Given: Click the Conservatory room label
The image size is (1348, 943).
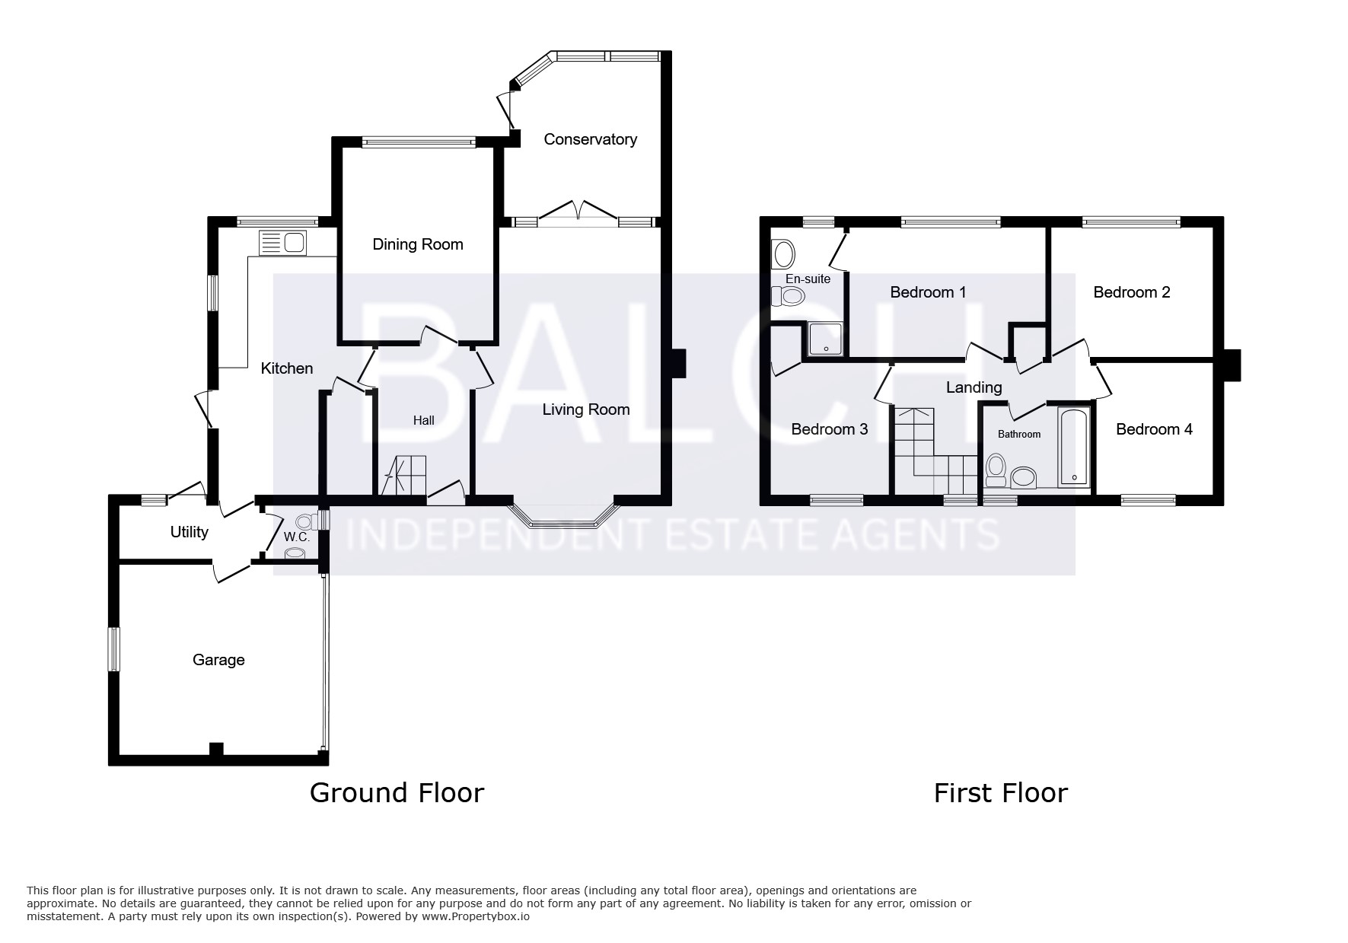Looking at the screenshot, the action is pos(590,139).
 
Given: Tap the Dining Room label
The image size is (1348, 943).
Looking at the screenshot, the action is pos(418,244).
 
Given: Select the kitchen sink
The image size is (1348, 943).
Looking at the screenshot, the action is pos(283,243).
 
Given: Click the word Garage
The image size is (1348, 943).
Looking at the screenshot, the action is pos(218,660).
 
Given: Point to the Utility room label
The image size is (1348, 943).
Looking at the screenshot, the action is pos(189,532).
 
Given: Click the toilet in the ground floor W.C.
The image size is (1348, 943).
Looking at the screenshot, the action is pos(306,521).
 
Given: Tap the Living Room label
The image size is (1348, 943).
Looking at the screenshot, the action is pos(586,409).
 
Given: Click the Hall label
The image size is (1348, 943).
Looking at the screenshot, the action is pos(424,420).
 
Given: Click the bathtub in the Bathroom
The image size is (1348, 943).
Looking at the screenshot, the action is pos(1074,447).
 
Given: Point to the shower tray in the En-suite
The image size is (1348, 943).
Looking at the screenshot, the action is pos(824,339).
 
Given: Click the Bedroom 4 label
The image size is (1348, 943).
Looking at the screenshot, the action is pos(1154,429).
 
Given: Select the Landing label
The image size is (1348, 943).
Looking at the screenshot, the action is pos(974,387).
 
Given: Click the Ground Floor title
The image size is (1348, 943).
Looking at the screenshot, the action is pos(397,793).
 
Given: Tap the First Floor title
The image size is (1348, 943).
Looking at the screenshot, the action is pos(1001,793).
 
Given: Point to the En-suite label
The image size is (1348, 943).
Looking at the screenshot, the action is pos(808,279).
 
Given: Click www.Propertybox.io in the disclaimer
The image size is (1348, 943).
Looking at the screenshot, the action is pos(476,916).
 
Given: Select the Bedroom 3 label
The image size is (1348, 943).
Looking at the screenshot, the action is pos(830,429).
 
